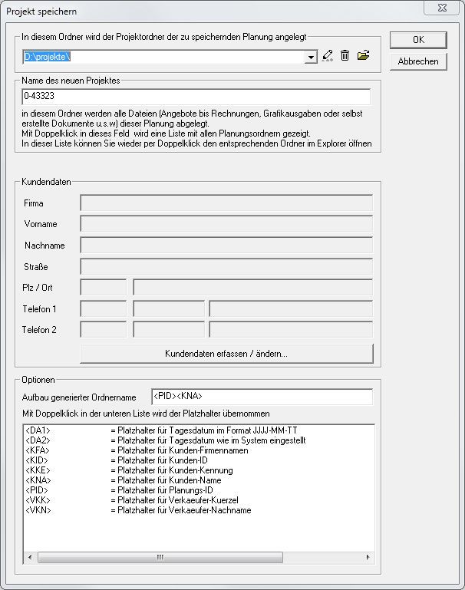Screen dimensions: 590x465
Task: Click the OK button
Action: coord(418,40)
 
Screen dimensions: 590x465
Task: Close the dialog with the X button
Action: coord(447,11)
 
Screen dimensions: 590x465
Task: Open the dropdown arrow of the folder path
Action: coord(311,57)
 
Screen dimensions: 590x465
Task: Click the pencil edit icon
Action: coord(328,55)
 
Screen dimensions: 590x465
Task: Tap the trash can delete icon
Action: coord(345,55)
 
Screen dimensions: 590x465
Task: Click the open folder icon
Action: coord(364,55)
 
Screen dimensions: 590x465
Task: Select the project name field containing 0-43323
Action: coord(196,97)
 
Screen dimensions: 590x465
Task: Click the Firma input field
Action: coord(226,203)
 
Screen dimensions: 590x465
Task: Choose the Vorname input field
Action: coord(226,224)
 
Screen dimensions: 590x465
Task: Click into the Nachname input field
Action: coord(226,246)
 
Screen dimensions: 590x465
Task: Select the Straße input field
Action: coord(226,267)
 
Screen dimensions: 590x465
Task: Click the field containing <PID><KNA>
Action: coord(262,397)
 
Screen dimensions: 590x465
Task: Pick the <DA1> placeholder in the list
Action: coord(38,430)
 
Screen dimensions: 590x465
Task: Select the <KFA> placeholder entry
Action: coord(38,450)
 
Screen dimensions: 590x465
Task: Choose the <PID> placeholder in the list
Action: coord(38,490)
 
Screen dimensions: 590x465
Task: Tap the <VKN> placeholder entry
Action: coord(38,510)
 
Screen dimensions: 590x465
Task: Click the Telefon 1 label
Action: coord(40,309)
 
